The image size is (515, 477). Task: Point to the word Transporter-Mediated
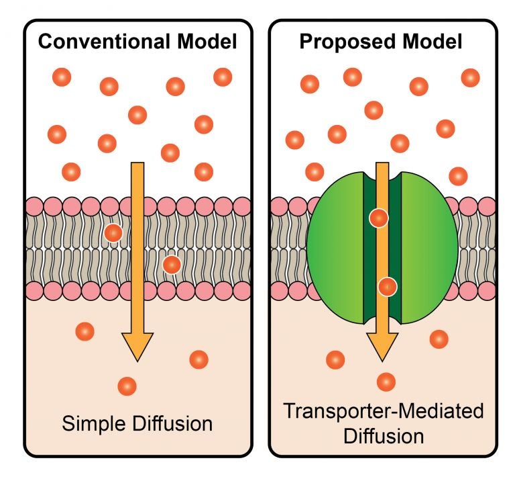383,410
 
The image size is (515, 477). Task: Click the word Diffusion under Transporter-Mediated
383,435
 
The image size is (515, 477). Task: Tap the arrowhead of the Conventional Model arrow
137,345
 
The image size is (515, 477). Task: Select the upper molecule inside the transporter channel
379,218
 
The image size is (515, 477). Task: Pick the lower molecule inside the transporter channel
387,287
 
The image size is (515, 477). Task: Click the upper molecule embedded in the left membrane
113,233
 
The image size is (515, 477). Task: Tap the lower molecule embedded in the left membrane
172,265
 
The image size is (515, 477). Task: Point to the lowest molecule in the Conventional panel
127,386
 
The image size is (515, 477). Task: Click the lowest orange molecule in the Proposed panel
386,382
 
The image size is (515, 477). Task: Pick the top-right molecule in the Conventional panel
223,77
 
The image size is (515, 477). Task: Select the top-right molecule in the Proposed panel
471,77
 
